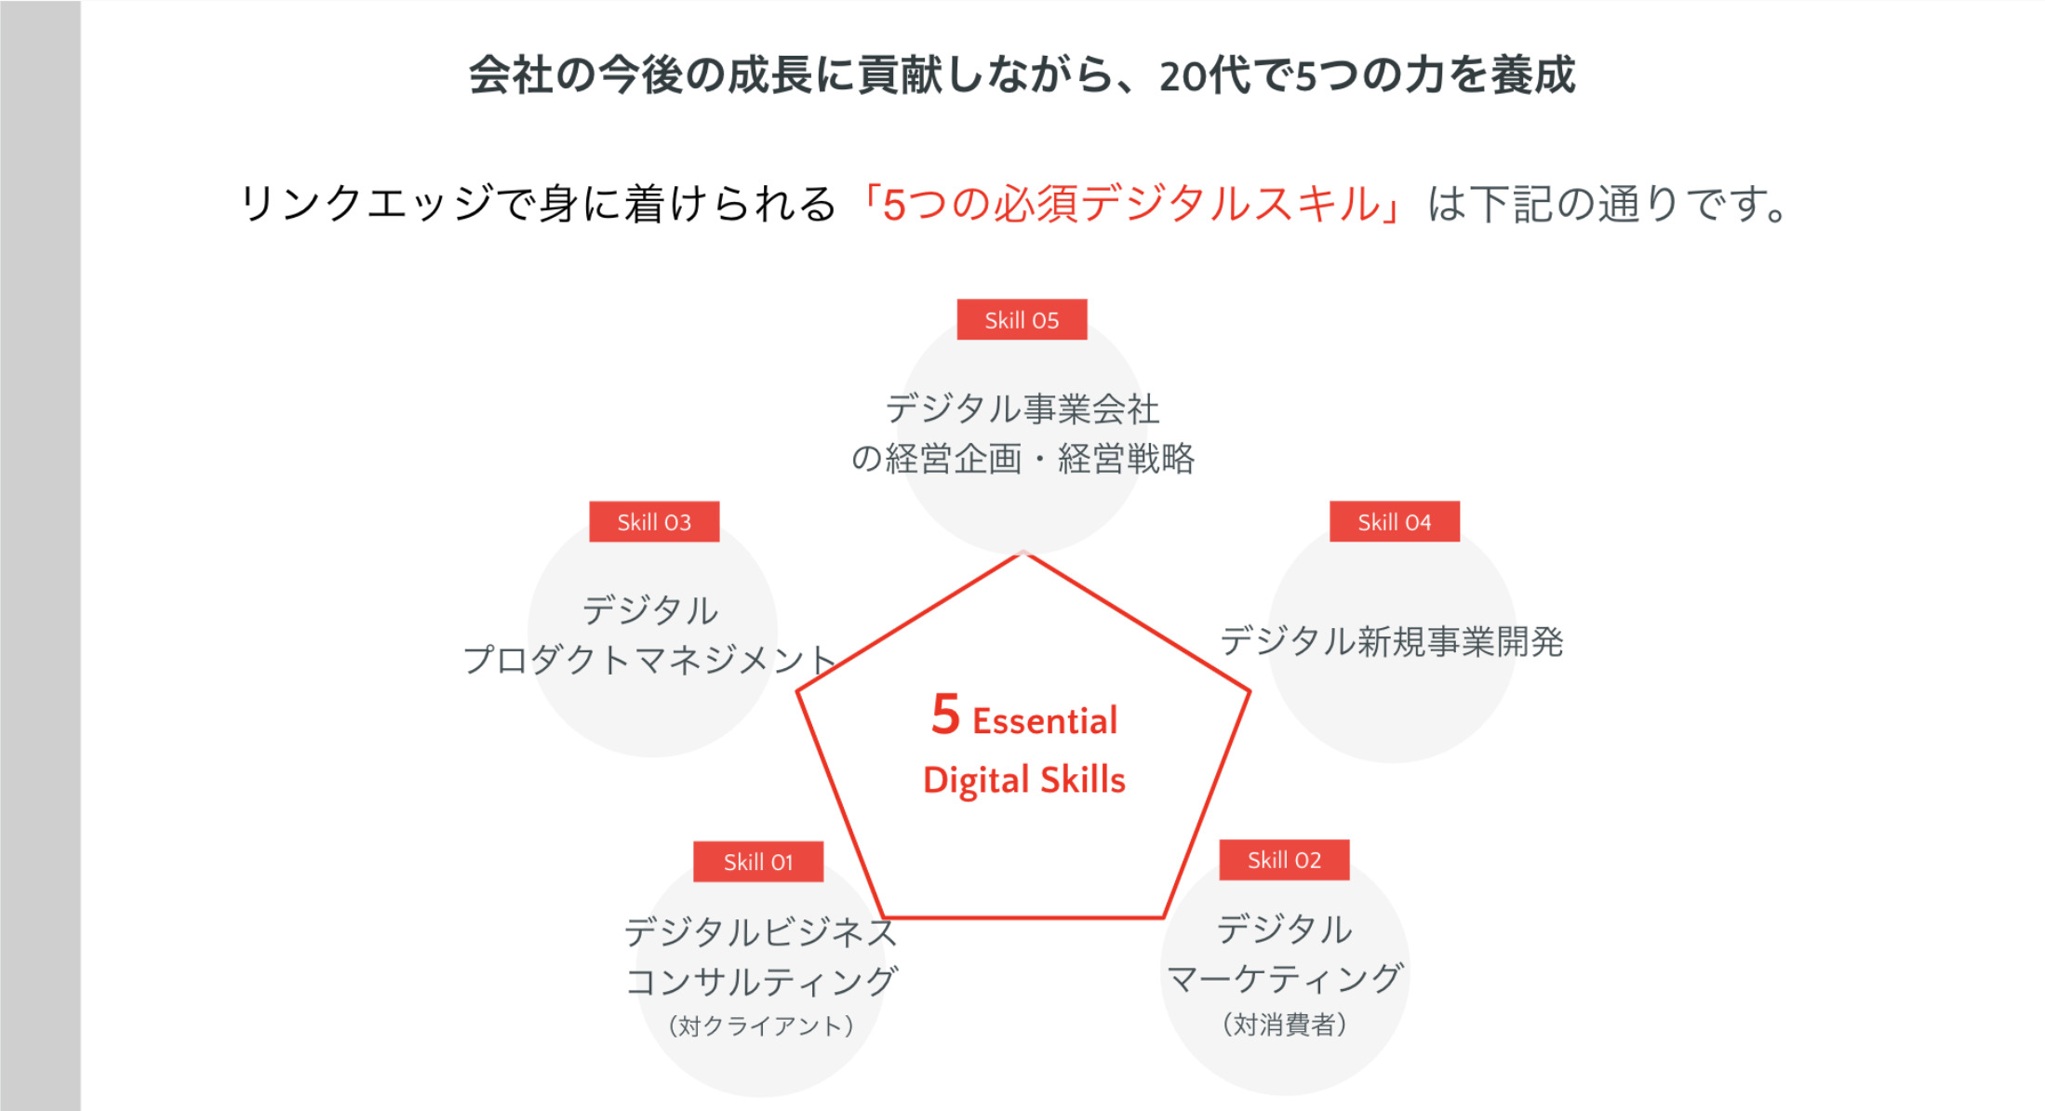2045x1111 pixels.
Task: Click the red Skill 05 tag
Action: point(1022,319)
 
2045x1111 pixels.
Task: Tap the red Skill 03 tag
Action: point(654,522)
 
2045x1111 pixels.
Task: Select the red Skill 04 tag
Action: point(1395,522)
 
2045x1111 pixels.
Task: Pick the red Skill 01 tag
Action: point(758,862)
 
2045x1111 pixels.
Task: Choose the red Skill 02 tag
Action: point(1284,860)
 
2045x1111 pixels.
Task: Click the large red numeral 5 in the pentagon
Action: point(945,715)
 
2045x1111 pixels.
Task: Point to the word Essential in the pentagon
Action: point(1045,721)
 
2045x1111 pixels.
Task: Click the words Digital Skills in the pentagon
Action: point(1024,781)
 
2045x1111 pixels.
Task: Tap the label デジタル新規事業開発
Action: point(1392,641)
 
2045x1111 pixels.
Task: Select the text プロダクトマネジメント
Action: point(650,660)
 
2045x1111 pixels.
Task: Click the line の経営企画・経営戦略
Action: point(1022,459)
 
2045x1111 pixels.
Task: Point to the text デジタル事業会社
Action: point(1022,408)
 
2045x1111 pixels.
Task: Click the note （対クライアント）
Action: point(760,1025)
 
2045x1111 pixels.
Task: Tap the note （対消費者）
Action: point(1284,1024)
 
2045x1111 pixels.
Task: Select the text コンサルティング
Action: point(761,982)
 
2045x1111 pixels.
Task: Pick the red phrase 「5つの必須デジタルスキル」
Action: point(1131,204)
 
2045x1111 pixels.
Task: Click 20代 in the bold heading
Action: point(1207,75)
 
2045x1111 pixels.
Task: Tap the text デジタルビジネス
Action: point(761,931)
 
